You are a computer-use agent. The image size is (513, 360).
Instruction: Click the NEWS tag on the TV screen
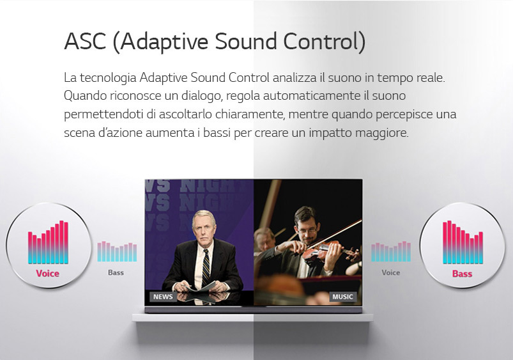click(163, 297)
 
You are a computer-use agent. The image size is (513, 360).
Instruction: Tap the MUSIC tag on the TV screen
click(342, 297)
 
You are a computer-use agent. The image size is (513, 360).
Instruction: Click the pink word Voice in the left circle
click(48, 274)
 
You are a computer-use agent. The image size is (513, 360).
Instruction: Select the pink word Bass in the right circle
click(463, 274)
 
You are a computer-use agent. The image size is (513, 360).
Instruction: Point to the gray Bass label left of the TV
click(116, 272)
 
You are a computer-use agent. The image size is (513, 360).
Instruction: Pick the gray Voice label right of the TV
click(390, 272)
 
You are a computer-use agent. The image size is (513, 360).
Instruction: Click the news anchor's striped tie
click(206, 267)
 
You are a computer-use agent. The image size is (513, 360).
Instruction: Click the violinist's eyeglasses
click(307, 230)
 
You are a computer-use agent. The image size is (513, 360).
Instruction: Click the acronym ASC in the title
click(85, 42)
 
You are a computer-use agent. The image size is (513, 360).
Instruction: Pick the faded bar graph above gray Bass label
click(117, 251)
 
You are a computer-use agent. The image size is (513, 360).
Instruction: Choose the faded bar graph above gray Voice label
click(391, 251)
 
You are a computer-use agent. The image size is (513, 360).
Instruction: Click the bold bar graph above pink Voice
click(48, 242)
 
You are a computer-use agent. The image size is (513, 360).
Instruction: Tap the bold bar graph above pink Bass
click(463, 242)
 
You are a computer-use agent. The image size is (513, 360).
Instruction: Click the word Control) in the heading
click(325, 42)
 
